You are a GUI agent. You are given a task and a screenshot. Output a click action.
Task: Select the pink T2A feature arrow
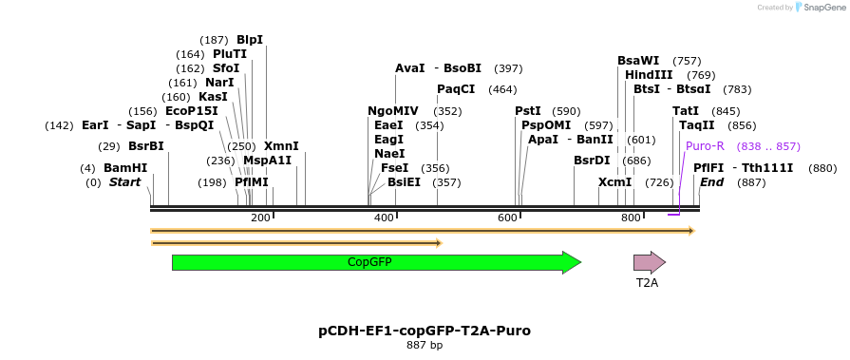coord(650,262)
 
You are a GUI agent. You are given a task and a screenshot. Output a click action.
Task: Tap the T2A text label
coord(647,282)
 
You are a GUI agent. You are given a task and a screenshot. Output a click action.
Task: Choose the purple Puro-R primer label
coord(705,146)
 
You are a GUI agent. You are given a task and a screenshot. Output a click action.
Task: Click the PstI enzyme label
coord(528,111)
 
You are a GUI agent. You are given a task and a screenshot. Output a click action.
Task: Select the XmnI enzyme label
coord(281,146)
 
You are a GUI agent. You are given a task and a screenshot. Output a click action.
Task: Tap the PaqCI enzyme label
coord(456,89)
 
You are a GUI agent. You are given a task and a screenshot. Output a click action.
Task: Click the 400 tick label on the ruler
coord(385,218)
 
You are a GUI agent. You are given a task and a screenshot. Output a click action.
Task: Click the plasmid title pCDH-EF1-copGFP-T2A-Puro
coord(425,331)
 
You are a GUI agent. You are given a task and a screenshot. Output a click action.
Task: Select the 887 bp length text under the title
coord(425,345)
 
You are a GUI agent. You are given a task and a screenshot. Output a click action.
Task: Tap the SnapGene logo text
coord(822,8)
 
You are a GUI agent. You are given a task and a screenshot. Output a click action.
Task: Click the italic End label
coord(711,182)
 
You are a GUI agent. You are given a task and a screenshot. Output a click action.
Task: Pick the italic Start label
coord(124,182)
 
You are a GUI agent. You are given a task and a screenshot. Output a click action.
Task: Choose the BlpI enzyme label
coord(250,40)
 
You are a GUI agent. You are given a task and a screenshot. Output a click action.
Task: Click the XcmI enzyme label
coord(614,182)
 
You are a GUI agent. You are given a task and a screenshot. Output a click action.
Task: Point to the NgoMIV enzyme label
coord(392,111)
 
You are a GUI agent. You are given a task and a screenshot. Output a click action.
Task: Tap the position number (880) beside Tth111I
coord(822,168)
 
